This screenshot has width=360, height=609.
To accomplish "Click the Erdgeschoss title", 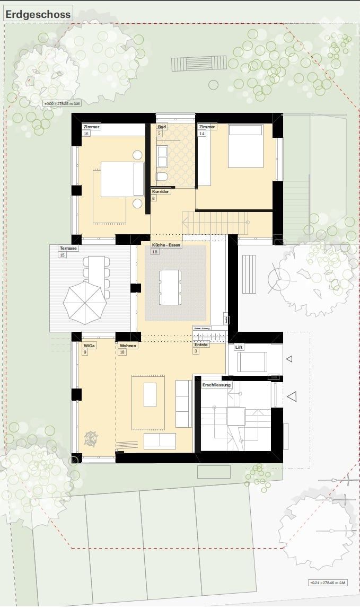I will tap(38, 14).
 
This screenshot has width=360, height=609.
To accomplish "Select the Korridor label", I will tap(161, 191).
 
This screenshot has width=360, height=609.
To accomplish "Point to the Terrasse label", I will tap(68, 248).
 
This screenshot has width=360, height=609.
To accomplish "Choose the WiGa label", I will tap(89, 346).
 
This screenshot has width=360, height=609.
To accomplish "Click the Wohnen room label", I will tap(128, 346).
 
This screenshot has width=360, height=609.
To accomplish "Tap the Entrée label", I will tap(201, 345).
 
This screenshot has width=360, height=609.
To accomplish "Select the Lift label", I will tap(239, 348).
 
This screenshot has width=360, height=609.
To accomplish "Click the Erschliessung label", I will tap(216, 384).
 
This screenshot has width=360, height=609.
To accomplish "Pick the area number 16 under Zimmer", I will tap(86, 134).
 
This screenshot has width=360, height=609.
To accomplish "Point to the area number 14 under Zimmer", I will tap(202, 134).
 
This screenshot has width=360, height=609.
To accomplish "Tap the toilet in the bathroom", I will tap(163, 176).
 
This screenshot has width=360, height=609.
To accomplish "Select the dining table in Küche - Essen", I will tap(171, 287).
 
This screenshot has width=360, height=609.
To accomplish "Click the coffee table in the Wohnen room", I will tap(150, 395).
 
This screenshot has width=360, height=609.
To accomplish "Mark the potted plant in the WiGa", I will tap(91, 438).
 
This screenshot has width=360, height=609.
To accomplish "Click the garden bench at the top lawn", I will tap(191, 64).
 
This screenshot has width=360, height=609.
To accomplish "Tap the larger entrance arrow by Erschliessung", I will tap(291, 396).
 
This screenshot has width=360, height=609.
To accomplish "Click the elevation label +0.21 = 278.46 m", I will tap(328, 583).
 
